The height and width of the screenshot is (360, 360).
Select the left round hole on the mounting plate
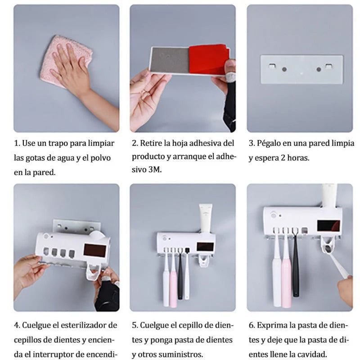point(283,70)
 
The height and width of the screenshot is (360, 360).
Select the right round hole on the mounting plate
point(319,70)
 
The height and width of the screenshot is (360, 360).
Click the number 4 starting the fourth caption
point(16,325)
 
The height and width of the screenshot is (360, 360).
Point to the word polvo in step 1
point(100,158)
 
